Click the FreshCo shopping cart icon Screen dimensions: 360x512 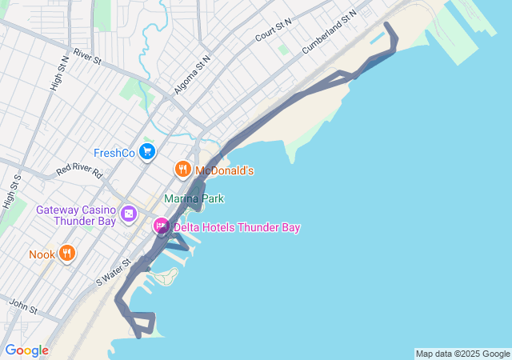(x=146, y=151)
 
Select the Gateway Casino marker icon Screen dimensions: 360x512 (x=129, y=214)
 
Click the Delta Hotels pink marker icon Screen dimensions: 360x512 (x=161, y=227)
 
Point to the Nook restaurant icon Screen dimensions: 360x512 (x=66, y=254)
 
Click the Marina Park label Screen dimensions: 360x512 (x=194, y=198)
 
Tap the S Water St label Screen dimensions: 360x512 (x=113, y=272)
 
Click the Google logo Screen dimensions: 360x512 (x=26, y=350)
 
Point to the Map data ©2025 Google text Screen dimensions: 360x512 (x=462, y=354)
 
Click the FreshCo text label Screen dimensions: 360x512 (x=114, y=152)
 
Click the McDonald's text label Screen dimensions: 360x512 (x=225, y=170)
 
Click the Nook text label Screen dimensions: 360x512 (x=42, y=254)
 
